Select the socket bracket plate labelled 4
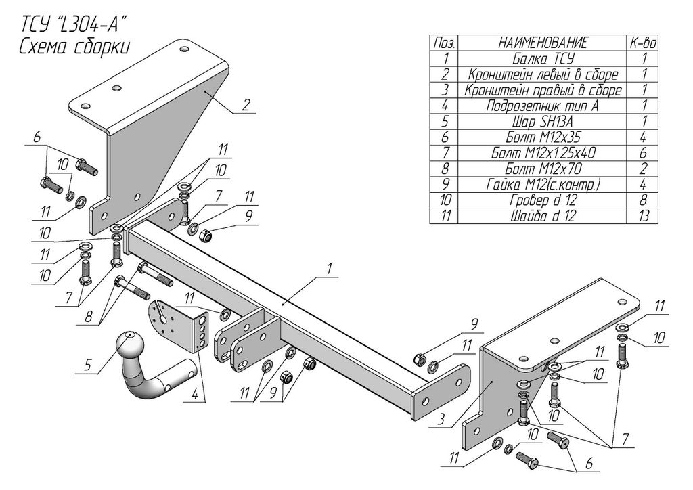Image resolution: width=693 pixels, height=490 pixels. pyautogui.click(x=179, y=325)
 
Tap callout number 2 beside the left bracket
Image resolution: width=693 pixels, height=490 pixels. pyautogui.click(x=246, y=105)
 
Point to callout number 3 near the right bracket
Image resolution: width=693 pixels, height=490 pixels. pyautogui.click(x=441, y=418)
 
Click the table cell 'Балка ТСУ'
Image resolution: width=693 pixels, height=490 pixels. pyautogui.click(x=543, y=59)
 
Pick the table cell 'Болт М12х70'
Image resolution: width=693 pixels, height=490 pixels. pyautogui.click(x=543, y=169)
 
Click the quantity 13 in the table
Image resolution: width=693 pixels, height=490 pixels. pyautogui.click(x=644, y=216)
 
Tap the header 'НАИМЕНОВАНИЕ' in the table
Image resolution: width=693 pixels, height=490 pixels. pyautogui.click(x=543, y=43)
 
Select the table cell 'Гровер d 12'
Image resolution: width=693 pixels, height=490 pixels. pyautogui.click(x=543, y=200)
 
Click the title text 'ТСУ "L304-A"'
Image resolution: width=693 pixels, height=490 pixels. pyautogui.click(x=70, y=25)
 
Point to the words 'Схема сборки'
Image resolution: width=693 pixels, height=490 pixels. pyautogui.click(x=74, y=46)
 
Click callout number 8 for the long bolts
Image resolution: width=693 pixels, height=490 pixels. pyautogui.click(x=89, y=317)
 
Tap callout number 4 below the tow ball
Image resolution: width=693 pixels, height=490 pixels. pyautogui.click(x=194, y=395)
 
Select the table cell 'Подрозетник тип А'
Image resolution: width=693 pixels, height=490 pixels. pyautogui.click(x=543, y=106)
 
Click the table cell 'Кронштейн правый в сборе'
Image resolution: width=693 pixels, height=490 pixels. pyautogui.click(x=543, y=90)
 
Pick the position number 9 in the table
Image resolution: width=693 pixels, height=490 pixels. pyautogui.click(x=445, y=184)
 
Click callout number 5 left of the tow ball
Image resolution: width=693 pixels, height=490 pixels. pyautogui.click(x=87, y=365)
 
